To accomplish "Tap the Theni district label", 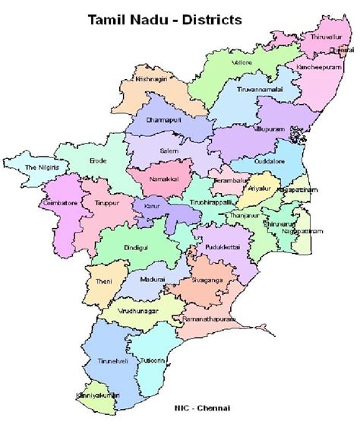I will [103, 282].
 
